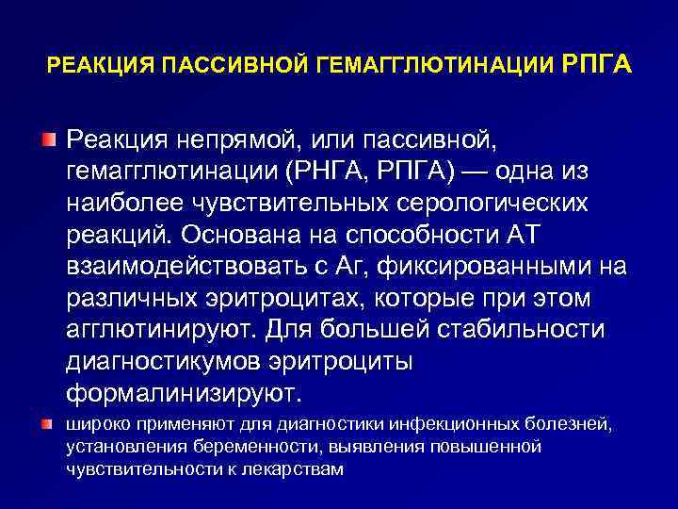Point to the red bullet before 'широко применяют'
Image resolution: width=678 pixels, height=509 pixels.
[47, 425]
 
